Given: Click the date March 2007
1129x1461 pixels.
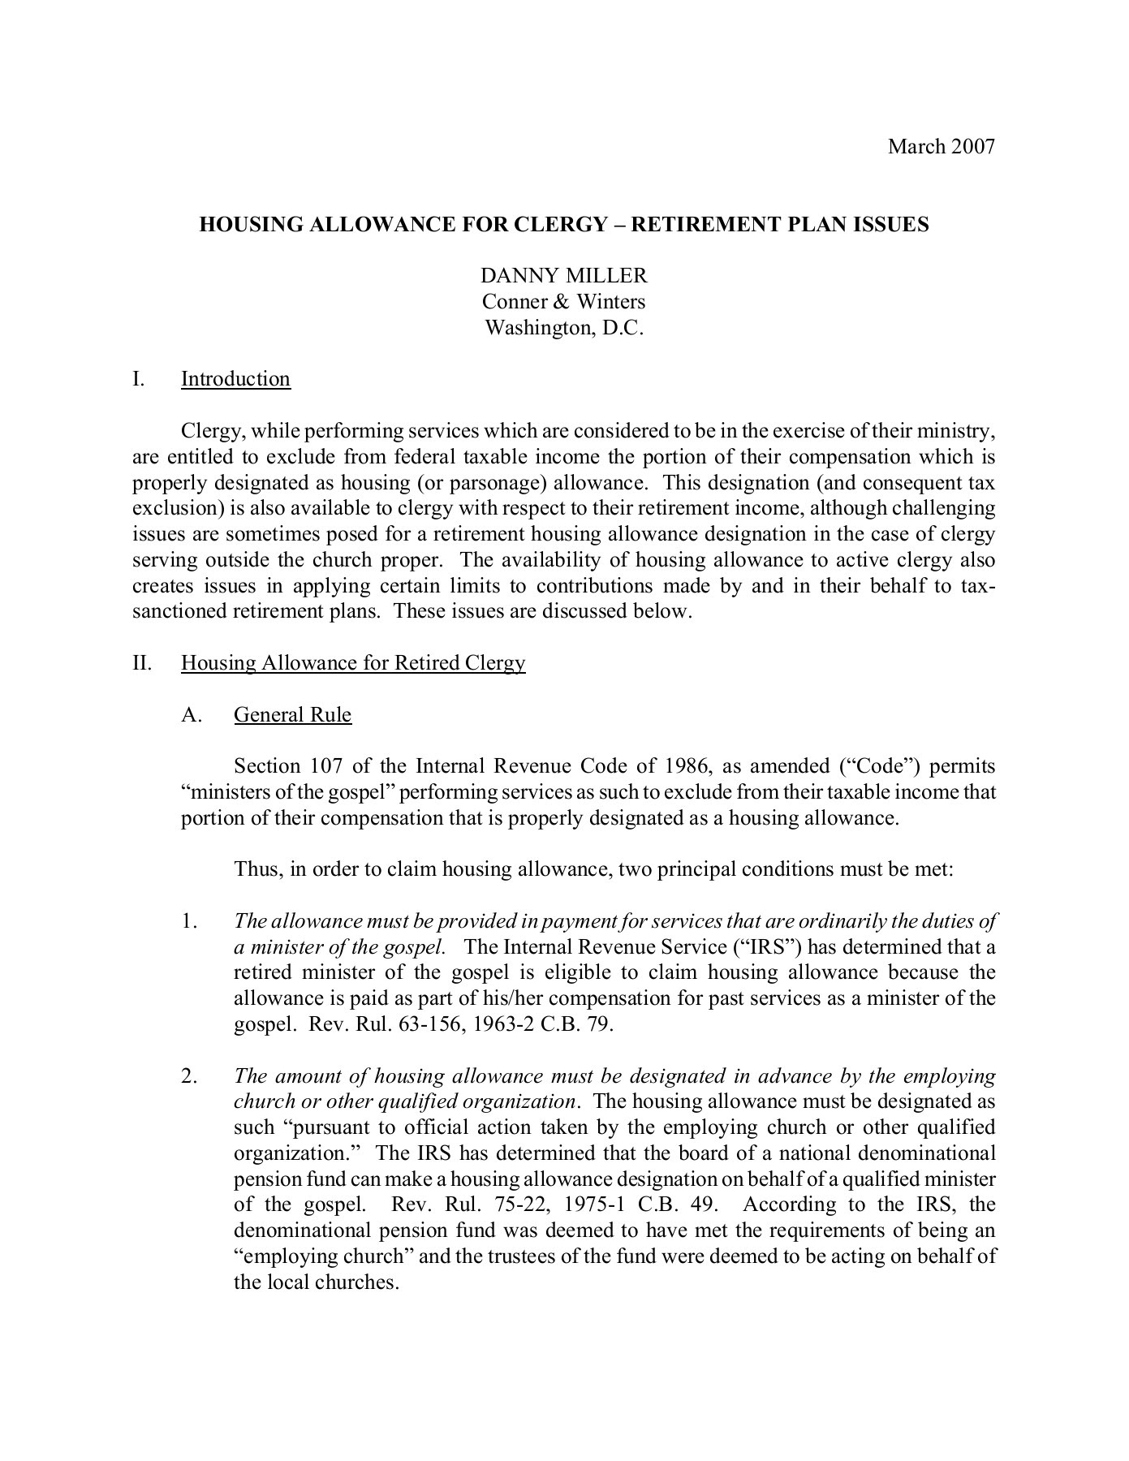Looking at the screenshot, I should tap(941, 147).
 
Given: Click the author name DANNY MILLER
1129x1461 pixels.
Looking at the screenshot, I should tap(564, 276).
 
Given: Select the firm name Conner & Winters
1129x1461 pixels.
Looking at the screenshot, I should tap(564, 302).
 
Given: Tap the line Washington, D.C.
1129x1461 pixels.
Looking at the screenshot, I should tap(564, 328).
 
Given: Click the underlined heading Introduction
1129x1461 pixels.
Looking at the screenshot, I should tap(235, 379).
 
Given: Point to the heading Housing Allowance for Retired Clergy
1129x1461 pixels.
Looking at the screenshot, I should tap(353, 663).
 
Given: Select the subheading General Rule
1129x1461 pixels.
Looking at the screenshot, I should tap(292, 715).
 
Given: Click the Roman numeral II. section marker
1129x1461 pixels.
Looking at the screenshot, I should tap(143, 663).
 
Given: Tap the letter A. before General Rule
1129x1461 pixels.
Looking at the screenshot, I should tap(192, 715).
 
